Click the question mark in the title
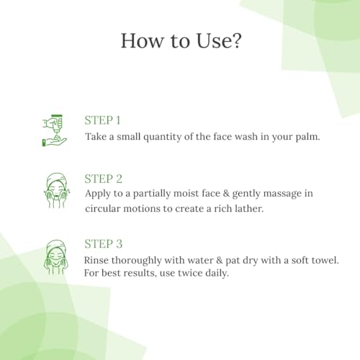coord(235,40)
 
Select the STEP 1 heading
coord(102,120)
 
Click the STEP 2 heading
coord(103,179)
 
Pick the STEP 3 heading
coord(103,244)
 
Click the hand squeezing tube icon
coord(54,130)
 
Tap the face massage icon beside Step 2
coord(57,191)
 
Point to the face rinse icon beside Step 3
coord(56,257)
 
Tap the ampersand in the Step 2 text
coord(226,194)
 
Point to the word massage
coord(282,194)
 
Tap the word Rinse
coord(96,260)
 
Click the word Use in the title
coord(213,40)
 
